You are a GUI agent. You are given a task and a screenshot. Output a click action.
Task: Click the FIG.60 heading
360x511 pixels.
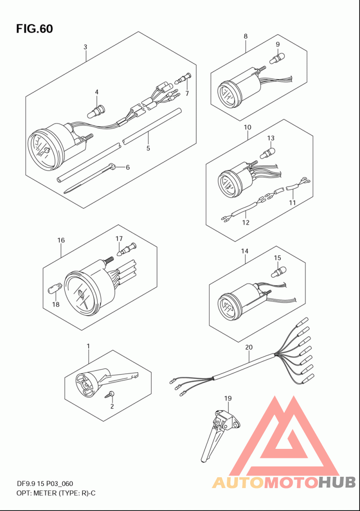(35, 29)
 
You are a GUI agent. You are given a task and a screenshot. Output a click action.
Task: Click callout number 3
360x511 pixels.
(85, 47)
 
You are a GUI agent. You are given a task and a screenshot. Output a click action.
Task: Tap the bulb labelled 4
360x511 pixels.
(96, 111)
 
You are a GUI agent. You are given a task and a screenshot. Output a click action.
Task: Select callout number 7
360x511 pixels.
(187, 94)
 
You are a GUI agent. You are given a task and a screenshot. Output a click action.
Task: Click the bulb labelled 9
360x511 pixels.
(278, 59)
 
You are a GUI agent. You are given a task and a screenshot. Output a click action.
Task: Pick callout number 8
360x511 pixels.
(246, 36)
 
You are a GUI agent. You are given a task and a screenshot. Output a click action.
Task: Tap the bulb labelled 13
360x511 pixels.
(267, 152)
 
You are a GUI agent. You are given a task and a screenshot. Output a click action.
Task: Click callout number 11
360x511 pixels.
(292, 203)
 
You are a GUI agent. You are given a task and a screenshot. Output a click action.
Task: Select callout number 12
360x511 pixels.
(246, 222)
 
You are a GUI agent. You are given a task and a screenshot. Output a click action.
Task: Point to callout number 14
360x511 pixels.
(245, 251)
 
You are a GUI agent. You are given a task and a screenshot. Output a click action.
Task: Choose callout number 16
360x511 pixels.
(61, 240)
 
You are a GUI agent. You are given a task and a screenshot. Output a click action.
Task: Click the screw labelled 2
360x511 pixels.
(109, 395)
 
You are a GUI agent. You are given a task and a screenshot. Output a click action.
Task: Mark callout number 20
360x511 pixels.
(248, 348)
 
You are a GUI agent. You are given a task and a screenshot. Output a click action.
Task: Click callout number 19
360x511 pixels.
(228, 398)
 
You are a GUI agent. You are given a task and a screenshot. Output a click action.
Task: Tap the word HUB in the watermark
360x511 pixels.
(337, 482)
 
